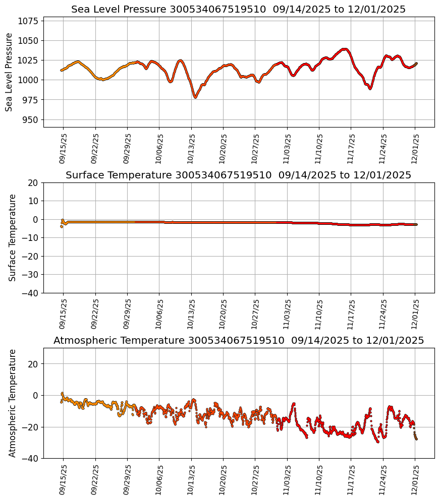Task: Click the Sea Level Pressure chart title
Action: (238, 10)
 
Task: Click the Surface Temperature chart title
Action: (238, 175)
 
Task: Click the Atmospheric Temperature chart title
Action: (238, 341)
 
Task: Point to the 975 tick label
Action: (32, 100)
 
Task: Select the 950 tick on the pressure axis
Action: (32, 119)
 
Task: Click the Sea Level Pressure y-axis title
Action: (9, 72)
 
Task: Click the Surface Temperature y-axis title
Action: (13, 237)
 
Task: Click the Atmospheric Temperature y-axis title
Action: (13, 403)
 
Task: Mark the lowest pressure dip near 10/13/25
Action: (195, 97)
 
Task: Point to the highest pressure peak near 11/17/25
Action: (345, 49)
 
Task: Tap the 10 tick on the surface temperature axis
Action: (34, 201)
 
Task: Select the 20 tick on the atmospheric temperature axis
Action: (34, 364)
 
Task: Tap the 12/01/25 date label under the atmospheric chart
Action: (415, 479)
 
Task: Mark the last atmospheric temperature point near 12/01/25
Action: (416, 439)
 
